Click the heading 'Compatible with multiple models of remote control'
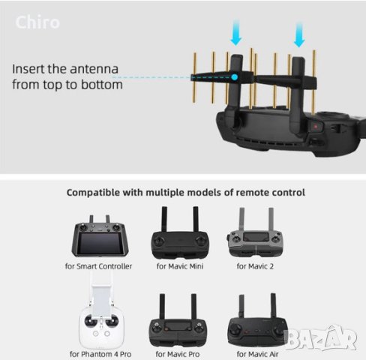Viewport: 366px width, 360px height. pyautogui.click(x=185, y=193)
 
